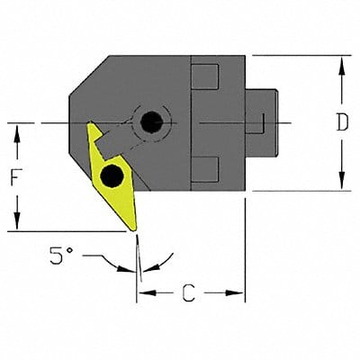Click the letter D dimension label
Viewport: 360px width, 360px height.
tap(341, 123)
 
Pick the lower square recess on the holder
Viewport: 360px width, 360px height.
tap(205, 167)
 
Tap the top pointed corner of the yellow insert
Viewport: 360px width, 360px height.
tap(89, 126)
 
